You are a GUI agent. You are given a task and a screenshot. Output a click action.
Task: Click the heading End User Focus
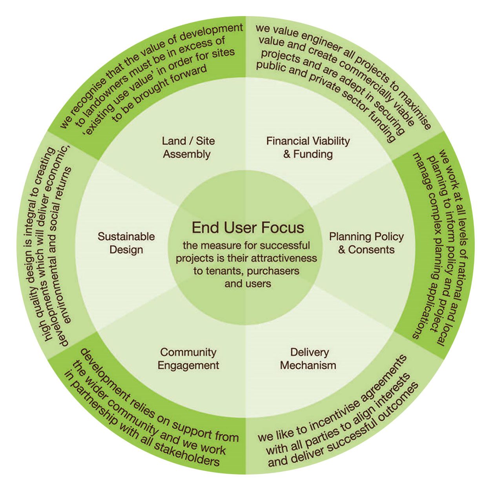(x=248, y=228)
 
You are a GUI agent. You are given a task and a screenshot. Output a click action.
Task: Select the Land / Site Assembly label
(x=188, y=147)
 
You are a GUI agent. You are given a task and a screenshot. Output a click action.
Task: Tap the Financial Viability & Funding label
(x=308, y=147)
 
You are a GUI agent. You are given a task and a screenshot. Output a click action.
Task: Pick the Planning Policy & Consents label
(x=366, y=243)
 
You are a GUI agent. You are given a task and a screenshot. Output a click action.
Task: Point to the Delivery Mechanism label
(x=308, y=358)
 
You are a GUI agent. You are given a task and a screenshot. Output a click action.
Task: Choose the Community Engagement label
(x=188, y=358)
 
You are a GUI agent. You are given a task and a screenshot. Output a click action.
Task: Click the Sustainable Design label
(x=126, y=243)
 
